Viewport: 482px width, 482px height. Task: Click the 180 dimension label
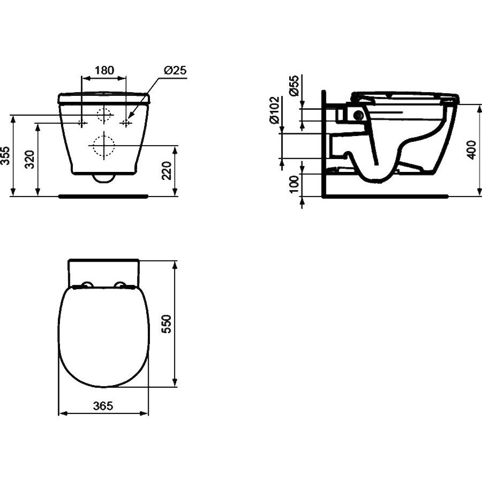point(104,70)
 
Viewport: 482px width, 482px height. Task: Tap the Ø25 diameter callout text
point(175,70)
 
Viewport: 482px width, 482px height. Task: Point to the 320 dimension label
point(30,159)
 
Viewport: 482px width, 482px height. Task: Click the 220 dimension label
point(167,171)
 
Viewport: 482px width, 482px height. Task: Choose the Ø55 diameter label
point(293,86)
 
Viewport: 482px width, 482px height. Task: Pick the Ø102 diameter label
point(275,110)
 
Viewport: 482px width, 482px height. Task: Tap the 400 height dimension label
point(471,150)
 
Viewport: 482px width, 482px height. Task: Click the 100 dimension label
point(294,184)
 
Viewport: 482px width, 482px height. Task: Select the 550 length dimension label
point(167,323)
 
